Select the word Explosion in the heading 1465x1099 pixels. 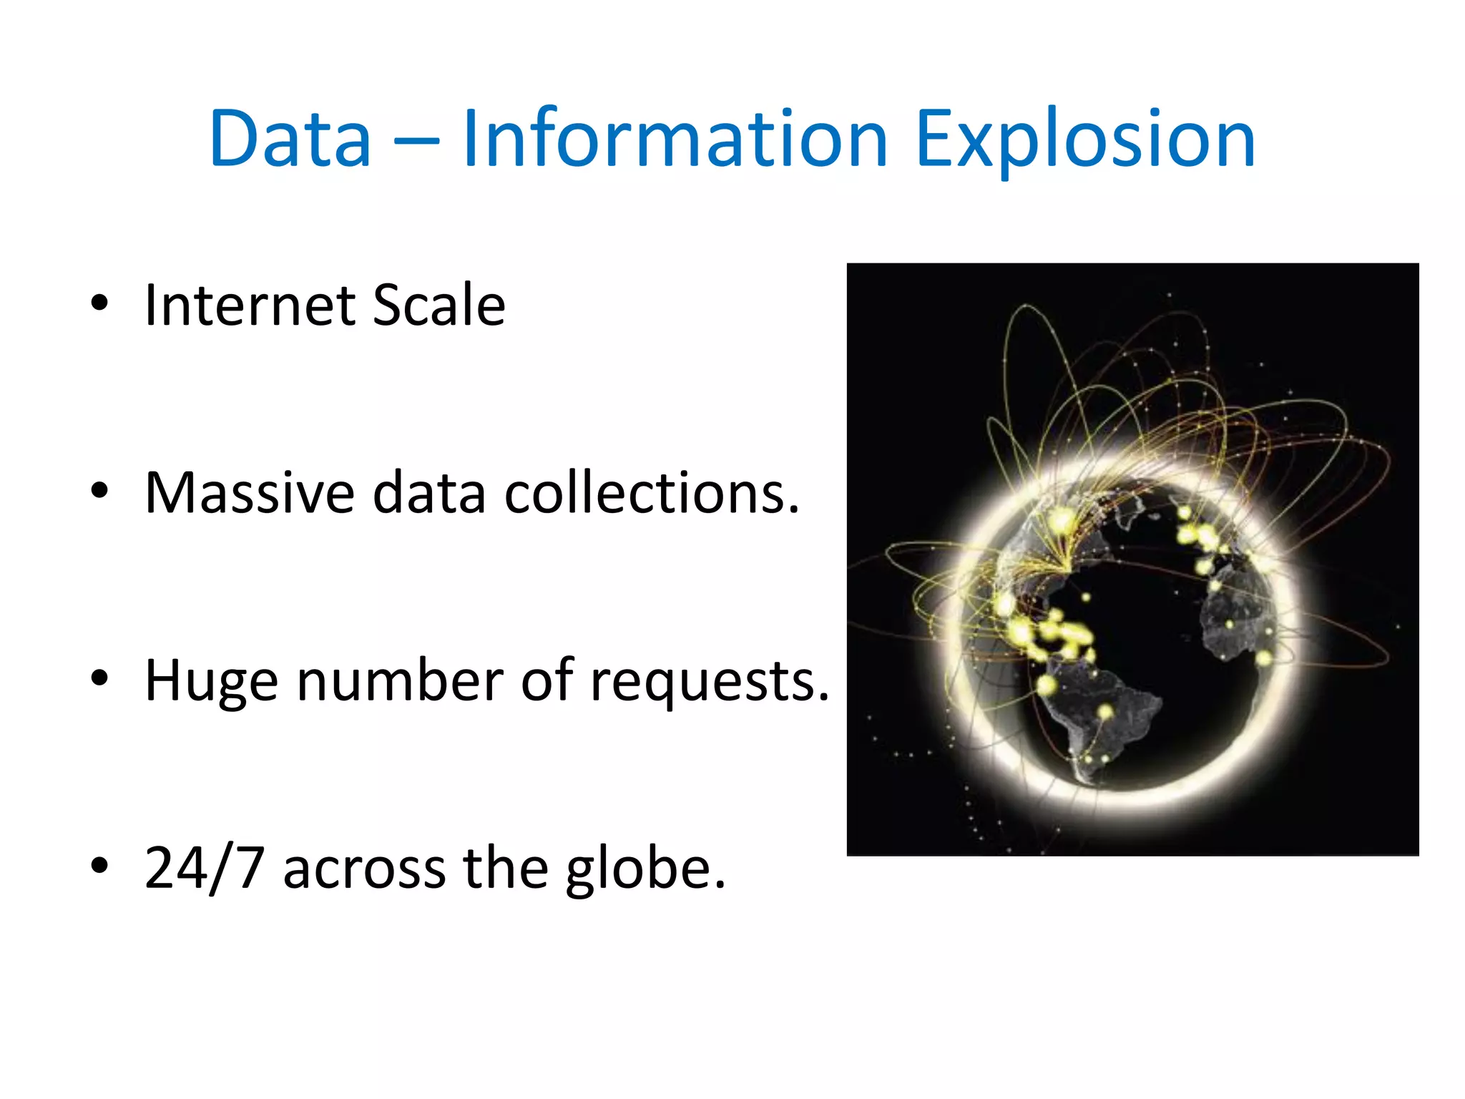coord(1084,140)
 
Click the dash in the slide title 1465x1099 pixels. coord(416,140)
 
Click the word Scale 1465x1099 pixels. coord(438,306)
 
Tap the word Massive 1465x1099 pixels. coord(250,493)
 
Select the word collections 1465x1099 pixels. coord(651,493)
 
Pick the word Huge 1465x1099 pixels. coord(211,681)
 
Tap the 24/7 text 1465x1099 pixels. coord(205,868)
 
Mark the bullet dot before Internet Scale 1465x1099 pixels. coord(99,303)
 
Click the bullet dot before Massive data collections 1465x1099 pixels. coord(99,491)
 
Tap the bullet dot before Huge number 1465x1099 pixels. coord(99,678)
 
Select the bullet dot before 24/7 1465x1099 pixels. coord(99,866)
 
